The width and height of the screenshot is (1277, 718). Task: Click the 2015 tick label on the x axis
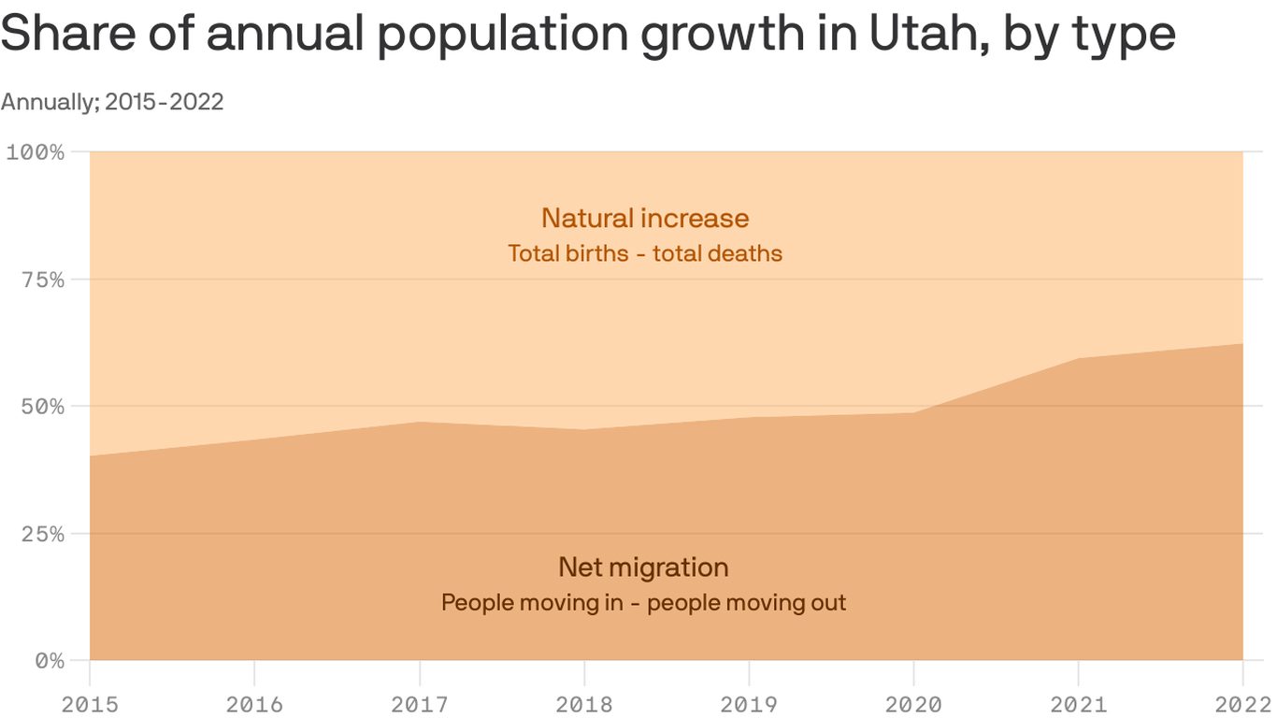[90, 704]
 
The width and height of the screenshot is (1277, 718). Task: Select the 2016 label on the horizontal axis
[254, 704]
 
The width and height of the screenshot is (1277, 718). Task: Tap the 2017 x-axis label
[420, 704]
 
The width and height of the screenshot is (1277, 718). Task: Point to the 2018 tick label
[584, 704]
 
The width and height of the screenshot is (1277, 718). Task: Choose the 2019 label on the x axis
[749, 704]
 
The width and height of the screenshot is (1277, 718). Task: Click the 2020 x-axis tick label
[913, 704]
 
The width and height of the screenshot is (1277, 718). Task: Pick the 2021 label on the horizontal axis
[1078, 704]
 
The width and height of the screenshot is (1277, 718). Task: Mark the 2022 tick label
[1241, 704]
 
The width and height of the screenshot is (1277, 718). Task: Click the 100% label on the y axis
[36, 151]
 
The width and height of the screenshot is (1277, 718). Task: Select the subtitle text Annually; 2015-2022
[112, 102]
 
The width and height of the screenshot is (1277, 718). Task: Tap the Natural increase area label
[645, 218]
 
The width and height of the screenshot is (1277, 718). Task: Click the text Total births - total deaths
[645, 253]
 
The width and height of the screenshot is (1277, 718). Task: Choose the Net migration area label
[643, 567]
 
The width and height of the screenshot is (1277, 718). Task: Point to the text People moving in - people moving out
[643, 602]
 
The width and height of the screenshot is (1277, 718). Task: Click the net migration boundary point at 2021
[1078, 358]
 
